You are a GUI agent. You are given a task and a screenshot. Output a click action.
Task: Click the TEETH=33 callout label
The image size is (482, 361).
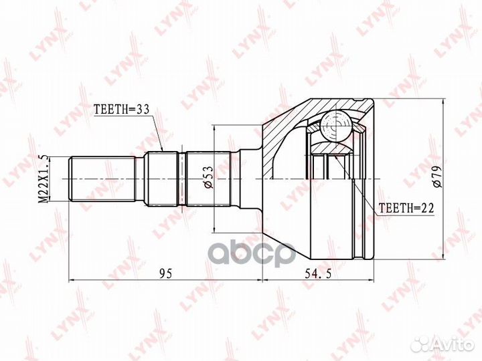[121, 109]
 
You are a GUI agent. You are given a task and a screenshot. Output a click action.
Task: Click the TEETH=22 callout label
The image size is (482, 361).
[406, 209]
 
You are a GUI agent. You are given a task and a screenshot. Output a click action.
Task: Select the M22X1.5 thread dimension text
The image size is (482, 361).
[44, 179]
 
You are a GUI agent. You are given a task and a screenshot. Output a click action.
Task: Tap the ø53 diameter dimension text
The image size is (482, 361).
[208, 177]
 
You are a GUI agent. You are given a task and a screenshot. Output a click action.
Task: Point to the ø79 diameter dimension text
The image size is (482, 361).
[436, 176]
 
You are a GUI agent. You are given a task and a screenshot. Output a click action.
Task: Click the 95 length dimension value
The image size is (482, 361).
[166, 273]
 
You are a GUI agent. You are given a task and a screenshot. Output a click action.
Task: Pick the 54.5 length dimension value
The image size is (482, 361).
[318, 273]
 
